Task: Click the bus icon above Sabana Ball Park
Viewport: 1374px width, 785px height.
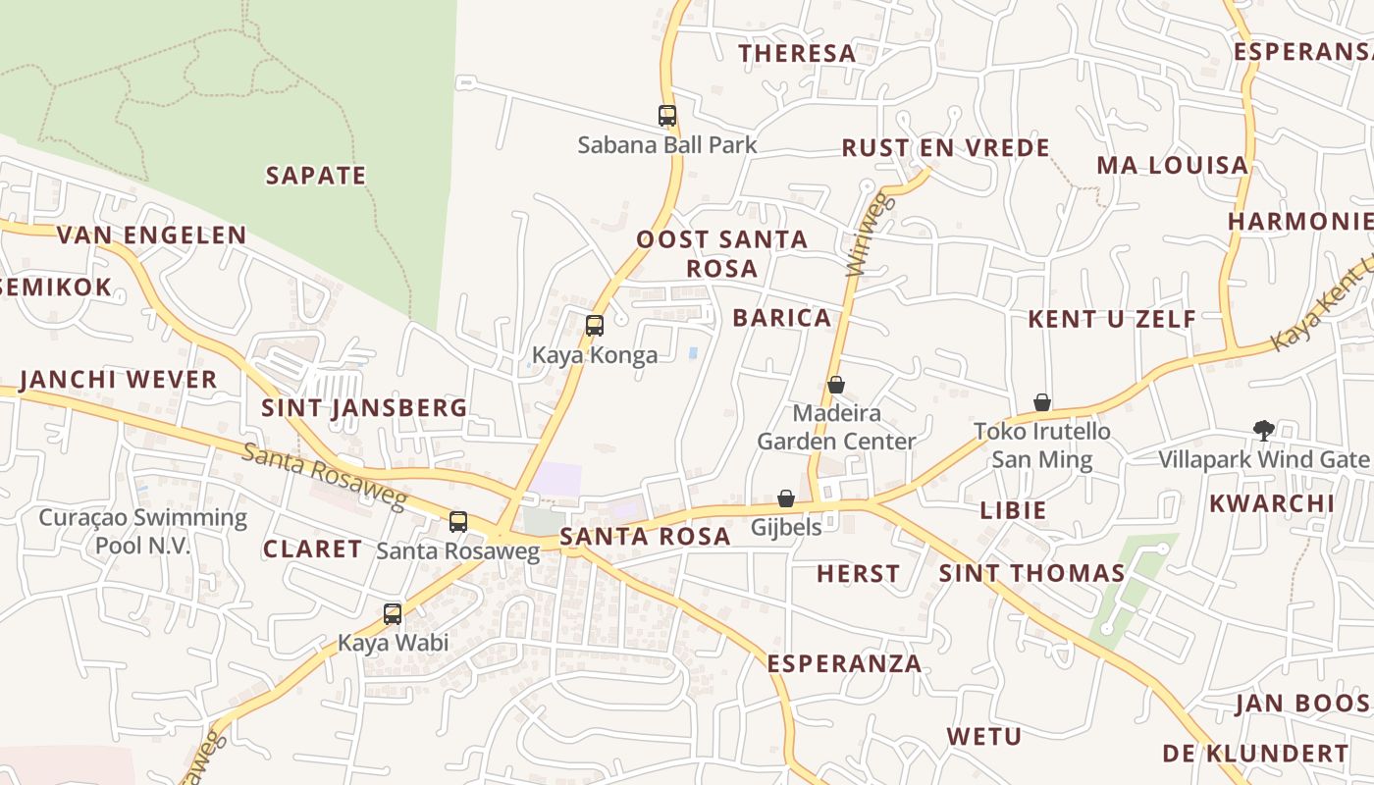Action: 667,116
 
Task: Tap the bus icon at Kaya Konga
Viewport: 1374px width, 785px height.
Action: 594,326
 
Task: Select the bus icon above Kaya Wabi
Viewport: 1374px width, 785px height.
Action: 393,615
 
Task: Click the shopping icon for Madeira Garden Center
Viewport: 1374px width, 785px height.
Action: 835,385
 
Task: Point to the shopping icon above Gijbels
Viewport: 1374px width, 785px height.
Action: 786,498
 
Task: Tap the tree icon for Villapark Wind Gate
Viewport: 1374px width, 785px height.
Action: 1263,430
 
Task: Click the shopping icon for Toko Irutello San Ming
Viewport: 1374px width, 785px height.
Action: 1042,402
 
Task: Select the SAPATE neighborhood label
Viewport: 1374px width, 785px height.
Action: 316,176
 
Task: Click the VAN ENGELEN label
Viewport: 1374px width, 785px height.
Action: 151,235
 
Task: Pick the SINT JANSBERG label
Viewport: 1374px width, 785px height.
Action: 364,408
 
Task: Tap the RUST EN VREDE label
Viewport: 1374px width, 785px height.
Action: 946,148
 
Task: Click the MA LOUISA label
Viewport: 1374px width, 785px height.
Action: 1172,165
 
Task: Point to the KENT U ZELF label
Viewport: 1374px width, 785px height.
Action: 1112,319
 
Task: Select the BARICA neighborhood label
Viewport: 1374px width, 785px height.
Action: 782,318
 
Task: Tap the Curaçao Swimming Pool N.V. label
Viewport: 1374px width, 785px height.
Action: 143,531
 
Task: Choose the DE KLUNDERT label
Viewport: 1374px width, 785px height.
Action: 1255,754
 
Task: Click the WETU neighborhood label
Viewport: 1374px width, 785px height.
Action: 983,736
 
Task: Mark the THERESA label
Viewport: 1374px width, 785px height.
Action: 797,53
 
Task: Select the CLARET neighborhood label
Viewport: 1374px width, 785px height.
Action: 312,549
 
